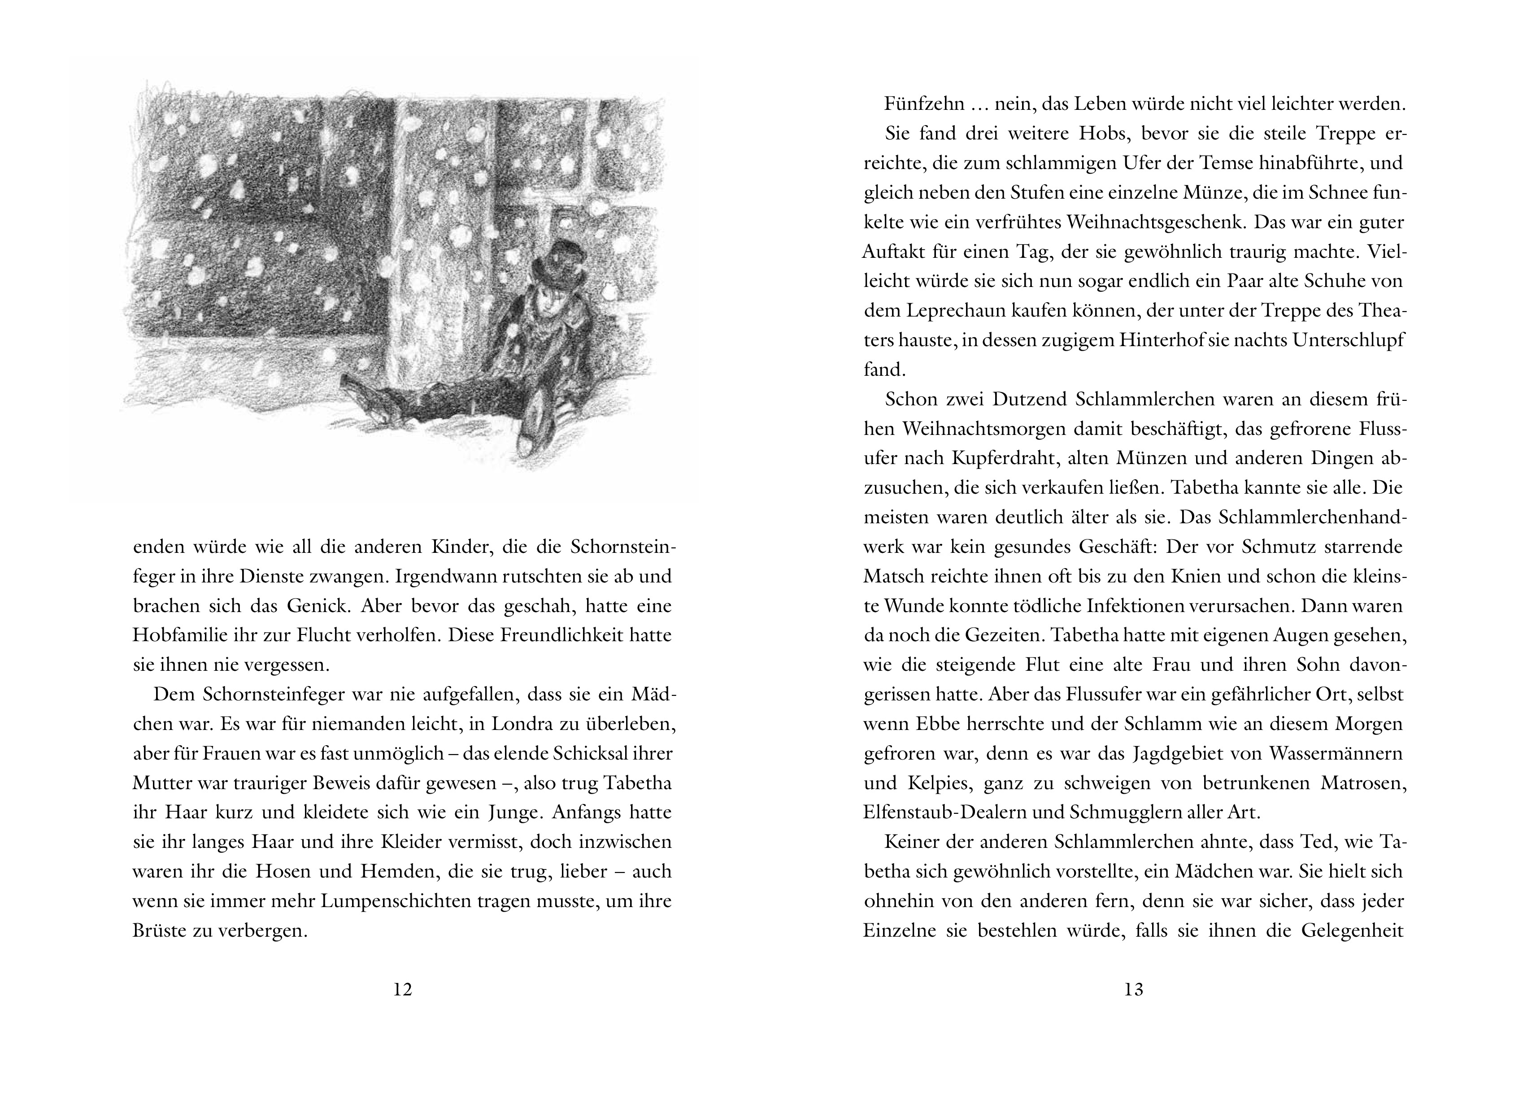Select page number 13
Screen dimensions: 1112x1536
click(x=1134, y=990)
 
